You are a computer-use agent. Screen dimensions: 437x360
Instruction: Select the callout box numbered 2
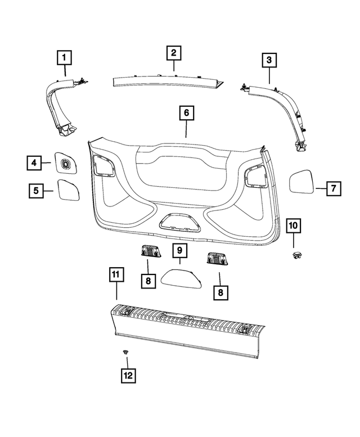[x=173, y=53]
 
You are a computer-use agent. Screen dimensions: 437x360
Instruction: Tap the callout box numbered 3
[x=269, y=60]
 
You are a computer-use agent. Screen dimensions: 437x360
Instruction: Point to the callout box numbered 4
[x=34, y=163]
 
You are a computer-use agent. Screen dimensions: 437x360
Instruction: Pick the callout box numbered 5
[x=37, y=191]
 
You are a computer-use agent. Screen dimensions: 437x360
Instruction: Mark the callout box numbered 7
[x=332, y=188]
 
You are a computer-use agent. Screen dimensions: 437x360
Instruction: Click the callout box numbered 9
[x=180, y=250]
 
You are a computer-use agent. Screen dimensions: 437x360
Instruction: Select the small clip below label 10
[x=294, y=256]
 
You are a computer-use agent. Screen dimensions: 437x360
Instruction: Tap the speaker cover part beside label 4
[x=65, y=163]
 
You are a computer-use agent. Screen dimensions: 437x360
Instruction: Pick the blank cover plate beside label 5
[x=69, y=190]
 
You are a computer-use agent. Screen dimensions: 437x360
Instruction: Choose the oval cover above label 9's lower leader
[x=182, y=277]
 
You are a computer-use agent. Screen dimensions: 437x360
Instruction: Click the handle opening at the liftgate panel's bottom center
[x=178, y=222]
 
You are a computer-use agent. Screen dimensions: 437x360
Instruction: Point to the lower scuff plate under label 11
[x=186, y=329]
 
